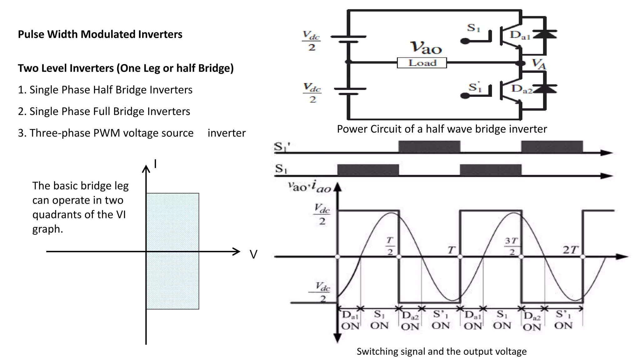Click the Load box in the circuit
tap(422, 63)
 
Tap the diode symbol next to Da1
tap(545, 34)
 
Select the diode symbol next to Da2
tap(545, 89)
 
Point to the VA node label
tap(539, 64)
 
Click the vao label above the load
tap(426, 47)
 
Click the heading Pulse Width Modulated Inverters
tap(100, 34)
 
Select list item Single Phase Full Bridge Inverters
tap(104, 111)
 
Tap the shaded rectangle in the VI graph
tap(172, 251)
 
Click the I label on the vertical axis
tap(155, 164)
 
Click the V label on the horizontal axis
tap(253, 254)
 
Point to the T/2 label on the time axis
tap(390, 246)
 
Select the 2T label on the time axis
tap(570, 250)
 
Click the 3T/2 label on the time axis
tap(511, 246)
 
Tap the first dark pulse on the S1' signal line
tap(429, 147)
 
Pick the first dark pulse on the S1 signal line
tap(368, 170)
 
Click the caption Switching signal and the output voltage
tap(442, 351)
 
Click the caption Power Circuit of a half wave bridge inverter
tap(442, 129)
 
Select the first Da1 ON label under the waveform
tap(350, 320)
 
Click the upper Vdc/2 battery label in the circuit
tap(311, 41)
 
